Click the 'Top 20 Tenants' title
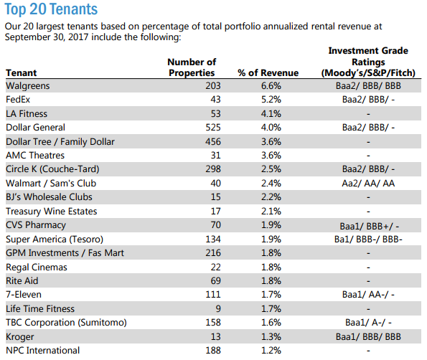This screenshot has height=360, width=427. click(x=51, y=9)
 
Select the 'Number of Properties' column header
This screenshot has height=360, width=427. click(x=192, y=67)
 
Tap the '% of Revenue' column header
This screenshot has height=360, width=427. click(x=268, y=72)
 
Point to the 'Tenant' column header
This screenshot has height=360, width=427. click(x=22, y=72)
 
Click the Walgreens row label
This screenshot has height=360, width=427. click(x=28, y=86)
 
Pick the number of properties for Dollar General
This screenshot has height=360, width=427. click(x=213, y=128)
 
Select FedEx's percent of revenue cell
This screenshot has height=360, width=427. click(x=271, y=99)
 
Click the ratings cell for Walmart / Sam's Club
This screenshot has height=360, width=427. click(x=368, y=183)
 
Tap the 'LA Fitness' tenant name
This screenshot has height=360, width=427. click(x=27, y=113)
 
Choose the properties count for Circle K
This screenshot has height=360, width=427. click(x=213, y=169)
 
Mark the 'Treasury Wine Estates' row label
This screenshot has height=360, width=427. click(x=52, y=211)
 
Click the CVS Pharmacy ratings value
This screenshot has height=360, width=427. click(x=370, y=226)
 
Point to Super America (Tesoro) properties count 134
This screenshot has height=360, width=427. click(x=213, y=240)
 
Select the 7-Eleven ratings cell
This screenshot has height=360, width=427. click(x=368, y=295)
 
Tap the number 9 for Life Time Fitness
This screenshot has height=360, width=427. click(x=218, y=308)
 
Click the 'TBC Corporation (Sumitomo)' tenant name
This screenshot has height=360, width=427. click(x=66, y=323)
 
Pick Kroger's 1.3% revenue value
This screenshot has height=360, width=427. click(x=271, y=336)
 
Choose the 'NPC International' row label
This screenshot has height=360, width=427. click(x=43, y=350)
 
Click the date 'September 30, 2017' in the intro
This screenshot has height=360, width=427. click(x=47, y=37)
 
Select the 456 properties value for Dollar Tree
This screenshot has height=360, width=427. click(x=213, y=141)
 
